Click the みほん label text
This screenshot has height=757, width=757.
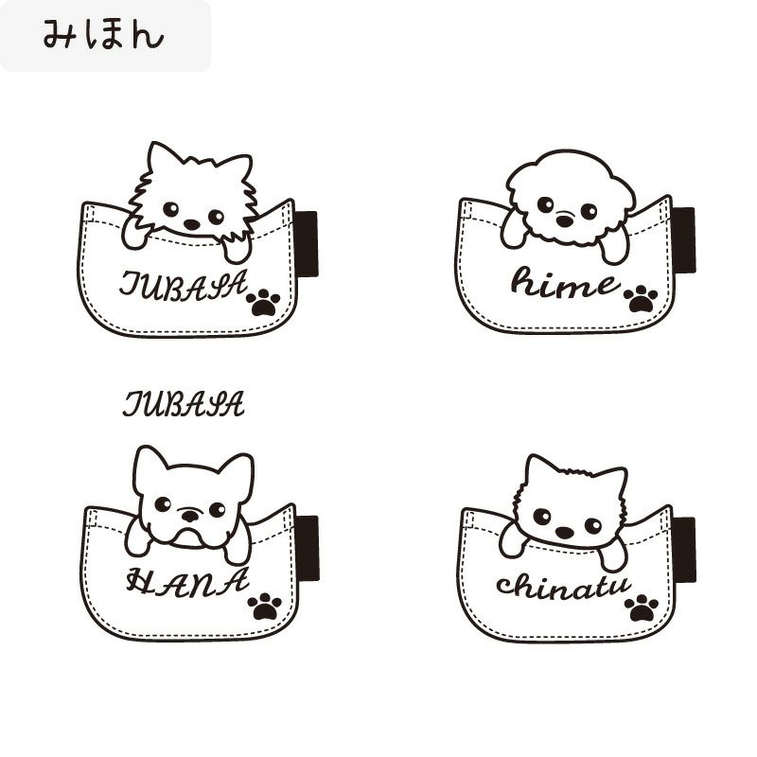click(x=103, y=35)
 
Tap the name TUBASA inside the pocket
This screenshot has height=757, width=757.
click(x=184, y=285)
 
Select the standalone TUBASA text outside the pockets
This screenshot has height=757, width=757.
click(x=184, y=404)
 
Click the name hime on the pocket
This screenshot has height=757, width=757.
click(x=565, y=282)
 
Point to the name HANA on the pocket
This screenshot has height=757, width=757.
click(x=187, y=582)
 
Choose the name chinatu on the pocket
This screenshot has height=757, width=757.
click(x=563, y=587)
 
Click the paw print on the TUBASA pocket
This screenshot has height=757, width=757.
click(x=263, y=303)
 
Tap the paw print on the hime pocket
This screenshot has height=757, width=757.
click(x=641, y=299)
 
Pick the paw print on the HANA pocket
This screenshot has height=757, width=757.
click(x=265, y=607)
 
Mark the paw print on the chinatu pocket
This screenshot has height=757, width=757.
click(x=642, y=608)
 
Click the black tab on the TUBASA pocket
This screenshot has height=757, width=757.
click(x=307, y=244)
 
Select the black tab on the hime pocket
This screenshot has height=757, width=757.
click(x=684, y=240)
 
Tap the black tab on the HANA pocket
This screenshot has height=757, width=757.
click(x=308, y=549)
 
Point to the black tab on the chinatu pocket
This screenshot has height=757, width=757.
click(x=684, y=550)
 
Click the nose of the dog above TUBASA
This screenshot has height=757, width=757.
click(x=192, y=224)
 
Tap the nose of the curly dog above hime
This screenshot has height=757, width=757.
click(x=564, y=221)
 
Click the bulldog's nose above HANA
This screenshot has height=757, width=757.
click(x=190, y=516)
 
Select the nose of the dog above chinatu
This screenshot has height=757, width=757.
click(x=564, y=533)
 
